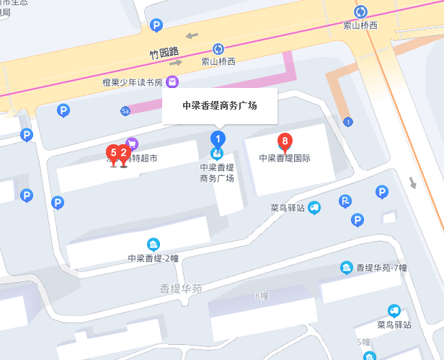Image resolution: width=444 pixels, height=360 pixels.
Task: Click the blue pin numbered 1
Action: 216,137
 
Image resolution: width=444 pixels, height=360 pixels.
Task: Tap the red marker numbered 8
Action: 285,140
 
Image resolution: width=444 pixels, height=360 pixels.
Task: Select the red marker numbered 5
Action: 113,152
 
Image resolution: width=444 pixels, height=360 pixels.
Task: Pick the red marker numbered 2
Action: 124,152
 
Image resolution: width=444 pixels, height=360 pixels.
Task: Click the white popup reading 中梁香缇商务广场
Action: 219,105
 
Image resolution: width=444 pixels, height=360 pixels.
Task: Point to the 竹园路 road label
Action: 163,53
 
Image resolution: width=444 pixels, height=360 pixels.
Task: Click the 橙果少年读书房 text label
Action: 133,82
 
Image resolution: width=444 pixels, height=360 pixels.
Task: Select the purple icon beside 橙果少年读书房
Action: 172,82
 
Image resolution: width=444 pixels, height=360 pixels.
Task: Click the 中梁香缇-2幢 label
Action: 153,258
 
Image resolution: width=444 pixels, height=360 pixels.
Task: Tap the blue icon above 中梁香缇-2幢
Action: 153,244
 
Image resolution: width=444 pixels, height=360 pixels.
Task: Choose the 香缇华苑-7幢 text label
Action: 381,268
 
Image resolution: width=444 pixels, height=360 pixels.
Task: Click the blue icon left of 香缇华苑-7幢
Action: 347,268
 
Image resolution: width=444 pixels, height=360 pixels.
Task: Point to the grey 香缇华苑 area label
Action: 181,289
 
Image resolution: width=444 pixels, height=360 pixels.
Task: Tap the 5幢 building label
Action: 363,341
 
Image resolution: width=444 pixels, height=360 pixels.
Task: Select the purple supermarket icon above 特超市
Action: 132,144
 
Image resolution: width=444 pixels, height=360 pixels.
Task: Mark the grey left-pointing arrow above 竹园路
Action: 191,35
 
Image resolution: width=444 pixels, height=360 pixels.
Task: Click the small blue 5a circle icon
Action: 125,110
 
